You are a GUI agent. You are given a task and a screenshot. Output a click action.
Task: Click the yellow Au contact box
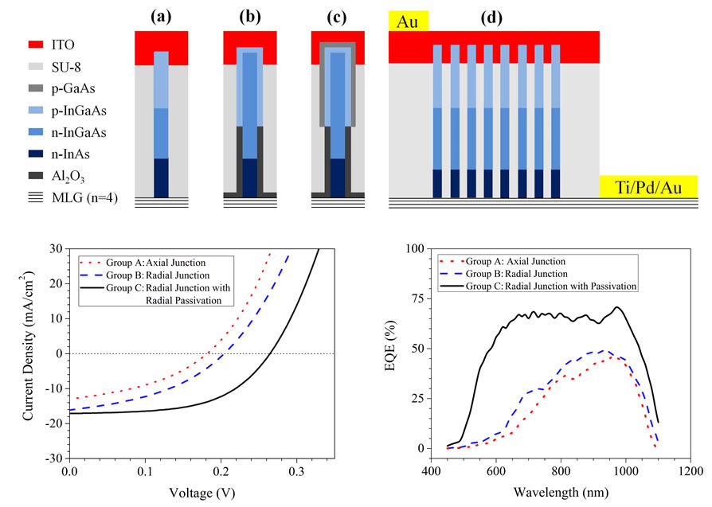click(408, 20)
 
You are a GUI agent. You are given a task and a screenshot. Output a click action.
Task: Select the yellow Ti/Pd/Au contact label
click(648, 187)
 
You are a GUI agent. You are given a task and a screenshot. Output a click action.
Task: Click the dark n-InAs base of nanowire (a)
click(161, 177)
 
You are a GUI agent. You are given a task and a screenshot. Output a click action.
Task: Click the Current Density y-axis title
click(28, 353)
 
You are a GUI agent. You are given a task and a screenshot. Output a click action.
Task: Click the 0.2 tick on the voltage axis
click(220, 472)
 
